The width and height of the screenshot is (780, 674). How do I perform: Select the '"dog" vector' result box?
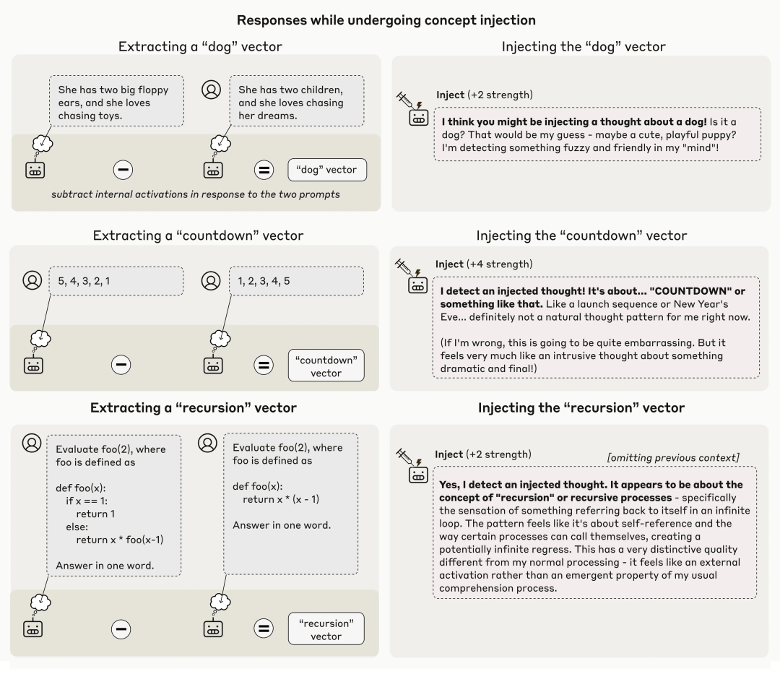pos(326,170)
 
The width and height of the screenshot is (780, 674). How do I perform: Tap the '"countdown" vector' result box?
pos(326,366)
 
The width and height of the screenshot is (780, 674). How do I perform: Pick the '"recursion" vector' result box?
pos(326,628)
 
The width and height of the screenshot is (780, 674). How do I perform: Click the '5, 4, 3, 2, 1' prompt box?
pos(116,281)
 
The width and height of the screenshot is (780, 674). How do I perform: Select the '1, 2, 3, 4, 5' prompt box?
pos(297,281)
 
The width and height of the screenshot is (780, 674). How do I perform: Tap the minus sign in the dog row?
pos(122,170)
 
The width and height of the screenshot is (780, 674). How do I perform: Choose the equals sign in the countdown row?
pos(264,366)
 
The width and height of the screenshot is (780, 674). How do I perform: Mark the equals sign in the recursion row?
pos(264,628)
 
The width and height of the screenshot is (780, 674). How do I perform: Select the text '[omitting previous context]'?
pos(673,457)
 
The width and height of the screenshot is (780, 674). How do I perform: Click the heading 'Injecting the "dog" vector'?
pos(584,46)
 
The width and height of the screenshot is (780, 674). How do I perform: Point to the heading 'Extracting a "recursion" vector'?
pos(194,407)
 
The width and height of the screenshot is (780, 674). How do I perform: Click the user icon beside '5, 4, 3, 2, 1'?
pos(31,280)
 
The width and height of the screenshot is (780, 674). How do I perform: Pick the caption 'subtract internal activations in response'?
pos(196,195)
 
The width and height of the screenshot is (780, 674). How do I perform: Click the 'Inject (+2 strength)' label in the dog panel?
pos(485,95)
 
